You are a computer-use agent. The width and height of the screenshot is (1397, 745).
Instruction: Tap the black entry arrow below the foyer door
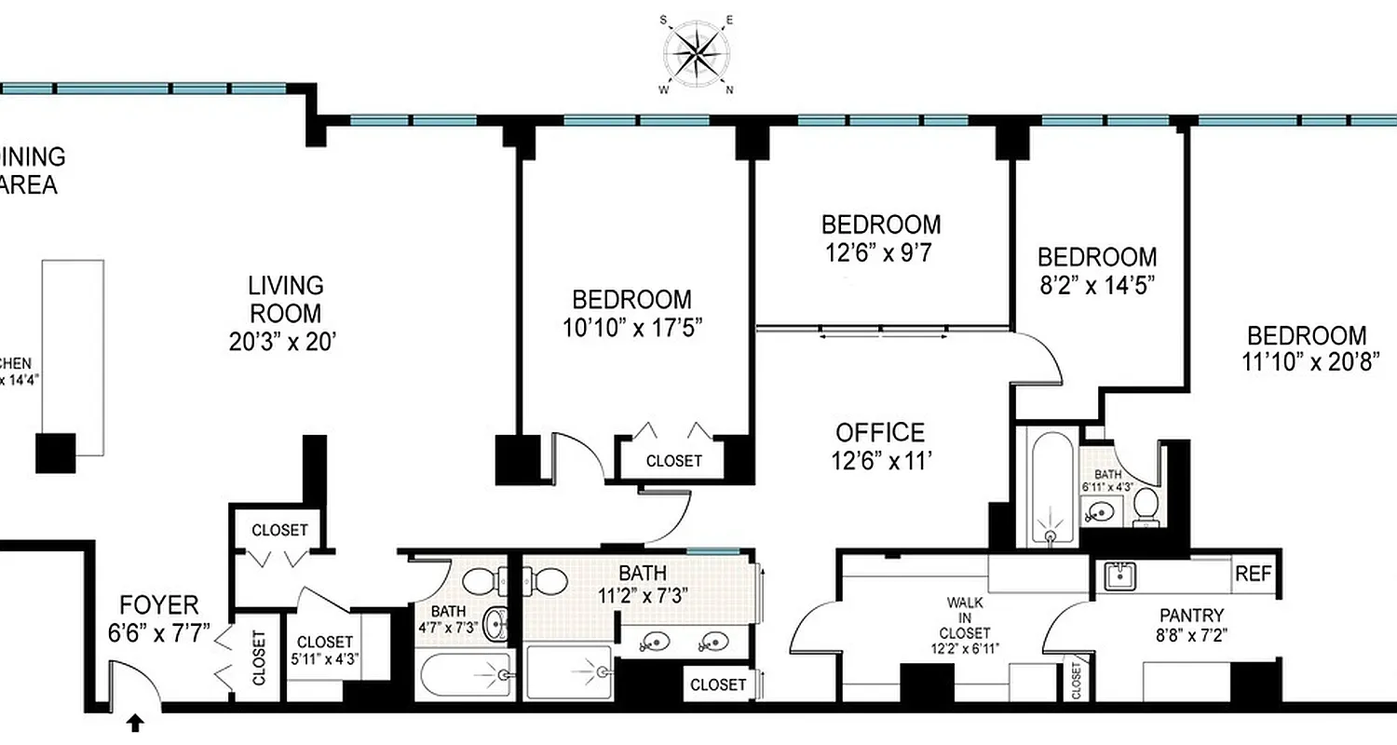[x=137, y=722]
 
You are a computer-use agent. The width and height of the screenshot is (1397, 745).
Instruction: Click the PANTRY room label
[x=1191, y=616]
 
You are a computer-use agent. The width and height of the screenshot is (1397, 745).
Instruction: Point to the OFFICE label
[x=880, y=433]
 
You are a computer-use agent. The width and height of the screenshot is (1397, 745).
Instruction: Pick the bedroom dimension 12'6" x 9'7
[x=880, y=251]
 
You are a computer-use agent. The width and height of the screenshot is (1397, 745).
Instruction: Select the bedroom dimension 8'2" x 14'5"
[x=1097, y=284]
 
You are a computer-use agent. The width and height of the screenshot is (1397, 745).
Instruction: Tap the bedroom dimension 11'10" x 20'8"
[x=1307, y=361]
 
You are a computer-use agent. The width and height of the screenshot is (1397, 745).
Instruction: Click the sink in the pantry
[x=1117, y=576]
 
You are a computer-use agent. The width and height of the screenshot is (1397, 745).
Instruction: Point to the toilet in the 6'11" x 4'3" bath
[x=1146, y=508]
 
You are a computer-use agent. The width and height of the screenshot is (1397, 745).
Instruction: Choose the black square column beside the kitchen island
[x=55, y=453]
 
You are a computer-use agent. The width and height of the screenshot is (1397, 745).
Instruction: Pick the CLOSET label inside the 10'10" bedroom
[x=673, y=461]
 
